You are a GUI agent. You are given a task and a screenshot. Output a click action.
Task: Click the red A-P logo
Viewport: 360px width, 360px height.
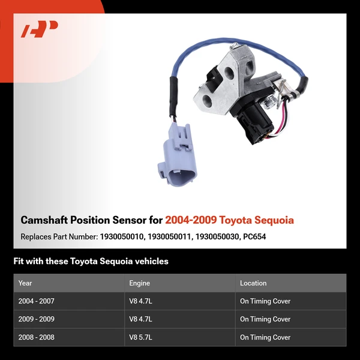tap(40, 29)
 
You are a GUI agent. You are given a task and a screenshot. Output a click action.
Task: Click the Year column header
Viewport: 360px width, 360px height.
tap(25, 283)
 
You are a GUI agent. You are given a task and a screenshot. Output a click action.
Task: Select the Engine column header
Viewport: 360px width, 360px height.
tap(139, 283)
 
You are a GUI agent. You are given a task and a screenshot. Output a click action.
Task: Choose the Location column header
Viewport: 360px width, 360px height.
tap(253, 283)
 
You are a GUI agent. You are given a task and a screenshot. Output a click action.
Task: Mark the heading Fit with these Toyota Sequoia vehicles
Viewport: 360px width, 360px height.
tap(91, 262)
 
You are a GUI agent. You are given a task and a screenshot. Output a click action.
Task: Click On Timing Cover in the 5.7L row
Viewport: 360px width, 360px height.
tap(265, 337)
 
